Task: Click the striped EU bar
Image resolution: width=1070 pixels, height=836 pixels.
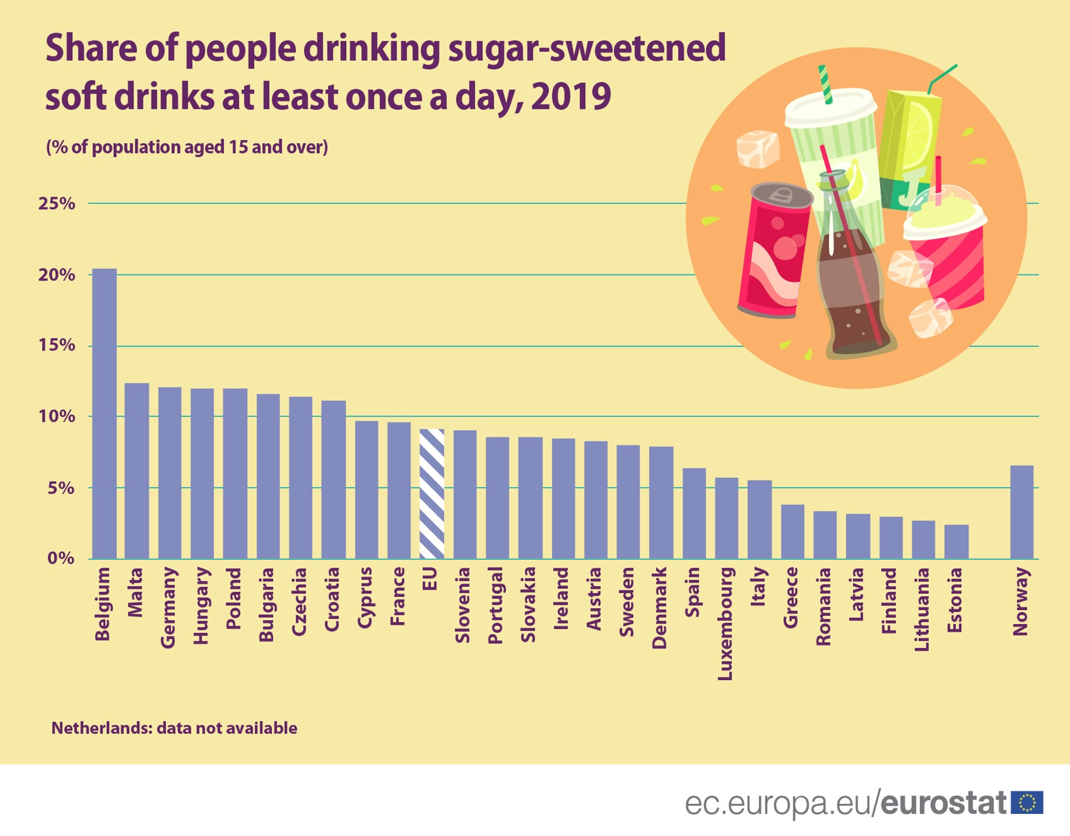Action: [432, 494]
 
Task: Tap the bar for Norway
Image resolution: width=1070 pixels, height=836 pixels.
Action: [1022, 512]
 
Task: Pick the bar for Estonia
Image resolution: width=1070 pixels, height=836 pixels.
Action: [956, 542]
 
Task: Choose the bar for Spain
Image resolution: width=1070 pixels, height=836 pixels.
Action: [694, 513]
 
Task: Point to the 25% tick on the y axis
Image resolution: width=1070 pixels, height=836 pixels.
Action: [57, 204]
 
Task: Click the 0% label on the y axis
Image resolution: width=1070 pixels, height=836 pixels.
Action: [60, 559]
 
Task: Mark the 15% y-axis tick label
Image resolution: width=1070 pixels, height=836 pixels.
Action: [57, 345]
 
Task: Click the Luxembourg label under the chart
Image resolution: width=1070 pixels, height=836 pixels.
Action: [725, 623]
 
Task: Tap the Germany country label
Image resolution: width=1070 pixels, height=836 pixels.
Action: [168, 607]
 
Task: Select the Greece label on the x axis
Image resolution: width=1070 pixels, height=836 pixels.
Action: [791, 597]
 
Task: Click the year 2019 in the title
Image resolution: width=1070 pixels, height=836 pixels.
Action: [571, 97]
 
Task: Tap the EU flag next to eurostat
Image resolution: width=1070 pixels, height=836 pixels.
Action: [1027, 803]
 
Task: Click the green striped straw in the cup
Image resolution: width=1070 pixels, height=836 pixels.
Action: [825, 84]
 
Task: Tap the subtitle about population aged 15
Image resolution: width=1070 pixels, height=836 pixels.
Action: [187, 147]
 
